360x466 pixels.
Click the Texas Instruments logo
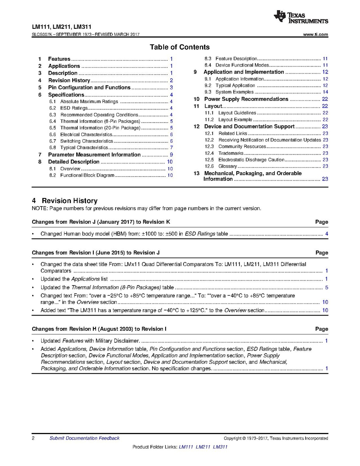[301, 17]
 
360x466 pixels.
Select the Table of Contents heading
[180, 47]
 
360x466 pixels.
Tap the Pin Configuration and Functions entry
[89, 88]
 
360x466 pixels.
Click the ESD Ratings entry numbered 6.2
[74, 108]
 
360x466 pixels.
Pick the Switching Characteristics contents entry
[86, 141]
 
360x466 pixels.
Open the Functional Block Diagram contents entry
[87, 175]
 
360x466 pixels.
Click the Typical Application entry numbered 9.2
[235, 86]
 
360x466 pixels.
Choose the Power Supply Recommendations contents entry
[246, 99]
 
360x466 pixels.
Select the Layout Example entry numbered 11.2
[235, 120]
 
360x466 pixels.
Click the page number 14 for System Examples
[325, 92]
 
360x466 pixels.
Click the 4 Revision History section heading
[65, 201]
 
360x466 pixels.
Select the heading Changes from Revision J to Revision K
[101, 222]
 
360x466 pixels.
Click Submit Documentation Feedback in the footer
[84, 438]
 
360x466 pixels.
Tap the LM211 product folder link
[203, 447]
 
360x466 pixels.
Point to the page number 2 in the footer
[33, 438]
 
